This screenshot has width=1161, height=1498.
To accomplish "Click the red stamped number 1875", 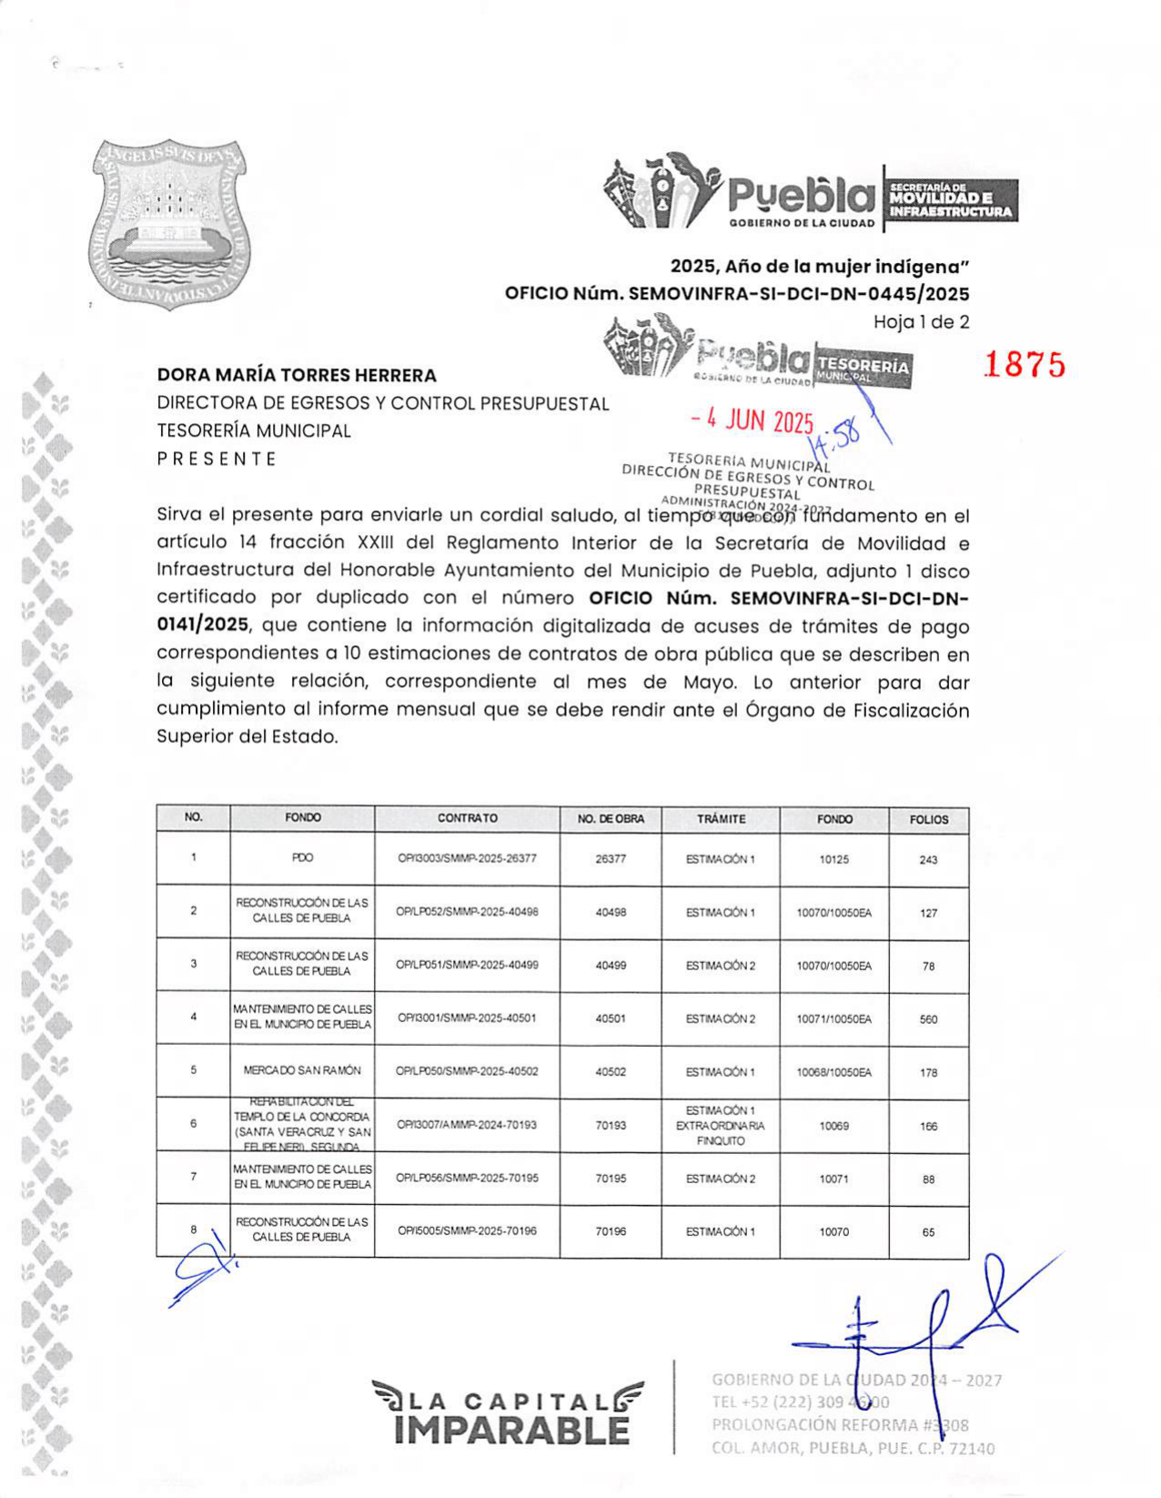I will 1024,364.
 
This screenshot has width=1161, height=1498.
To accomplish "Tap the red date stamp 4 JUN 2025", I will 752,420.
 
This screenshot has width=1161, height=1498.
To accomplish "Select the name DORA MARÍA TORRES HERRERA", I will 297,375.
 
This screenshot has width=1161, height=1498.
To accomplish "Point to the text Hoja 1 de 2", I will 921,321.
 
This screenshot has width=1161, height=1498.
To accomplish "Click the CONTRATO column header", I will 467,818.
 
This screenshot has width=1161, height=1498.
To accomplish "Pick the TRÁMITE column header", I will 721,819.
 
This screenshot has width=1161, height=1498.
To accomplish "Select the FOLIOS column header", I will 928,820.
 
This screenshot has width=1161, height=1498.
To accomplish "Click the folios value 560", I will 928,1019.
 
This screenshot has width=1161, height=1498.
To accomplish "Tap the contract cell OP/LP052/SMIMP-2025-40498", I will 467,912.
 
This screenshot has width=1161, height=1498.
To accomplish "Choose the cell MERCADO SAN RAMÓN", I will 302,1071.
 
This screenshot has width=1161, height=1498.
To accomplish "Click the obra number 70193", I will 611,1126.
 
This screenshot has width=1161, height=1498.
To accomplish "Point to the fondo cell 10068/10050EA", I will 833,1073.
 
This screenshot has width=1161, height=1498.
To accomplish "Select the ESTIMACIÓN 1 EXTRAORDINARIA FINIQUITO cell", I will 721,1126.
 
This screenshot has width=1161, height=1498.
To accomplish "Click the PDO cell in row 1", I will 302,858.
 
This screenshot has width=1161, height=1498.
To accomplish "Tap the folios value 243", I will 928,860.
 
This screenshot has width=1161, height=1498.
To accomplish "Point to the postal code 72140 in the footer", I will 971,1448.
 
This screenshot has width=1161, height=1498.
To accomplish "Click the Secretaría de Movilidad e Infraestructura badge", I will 951,198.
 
